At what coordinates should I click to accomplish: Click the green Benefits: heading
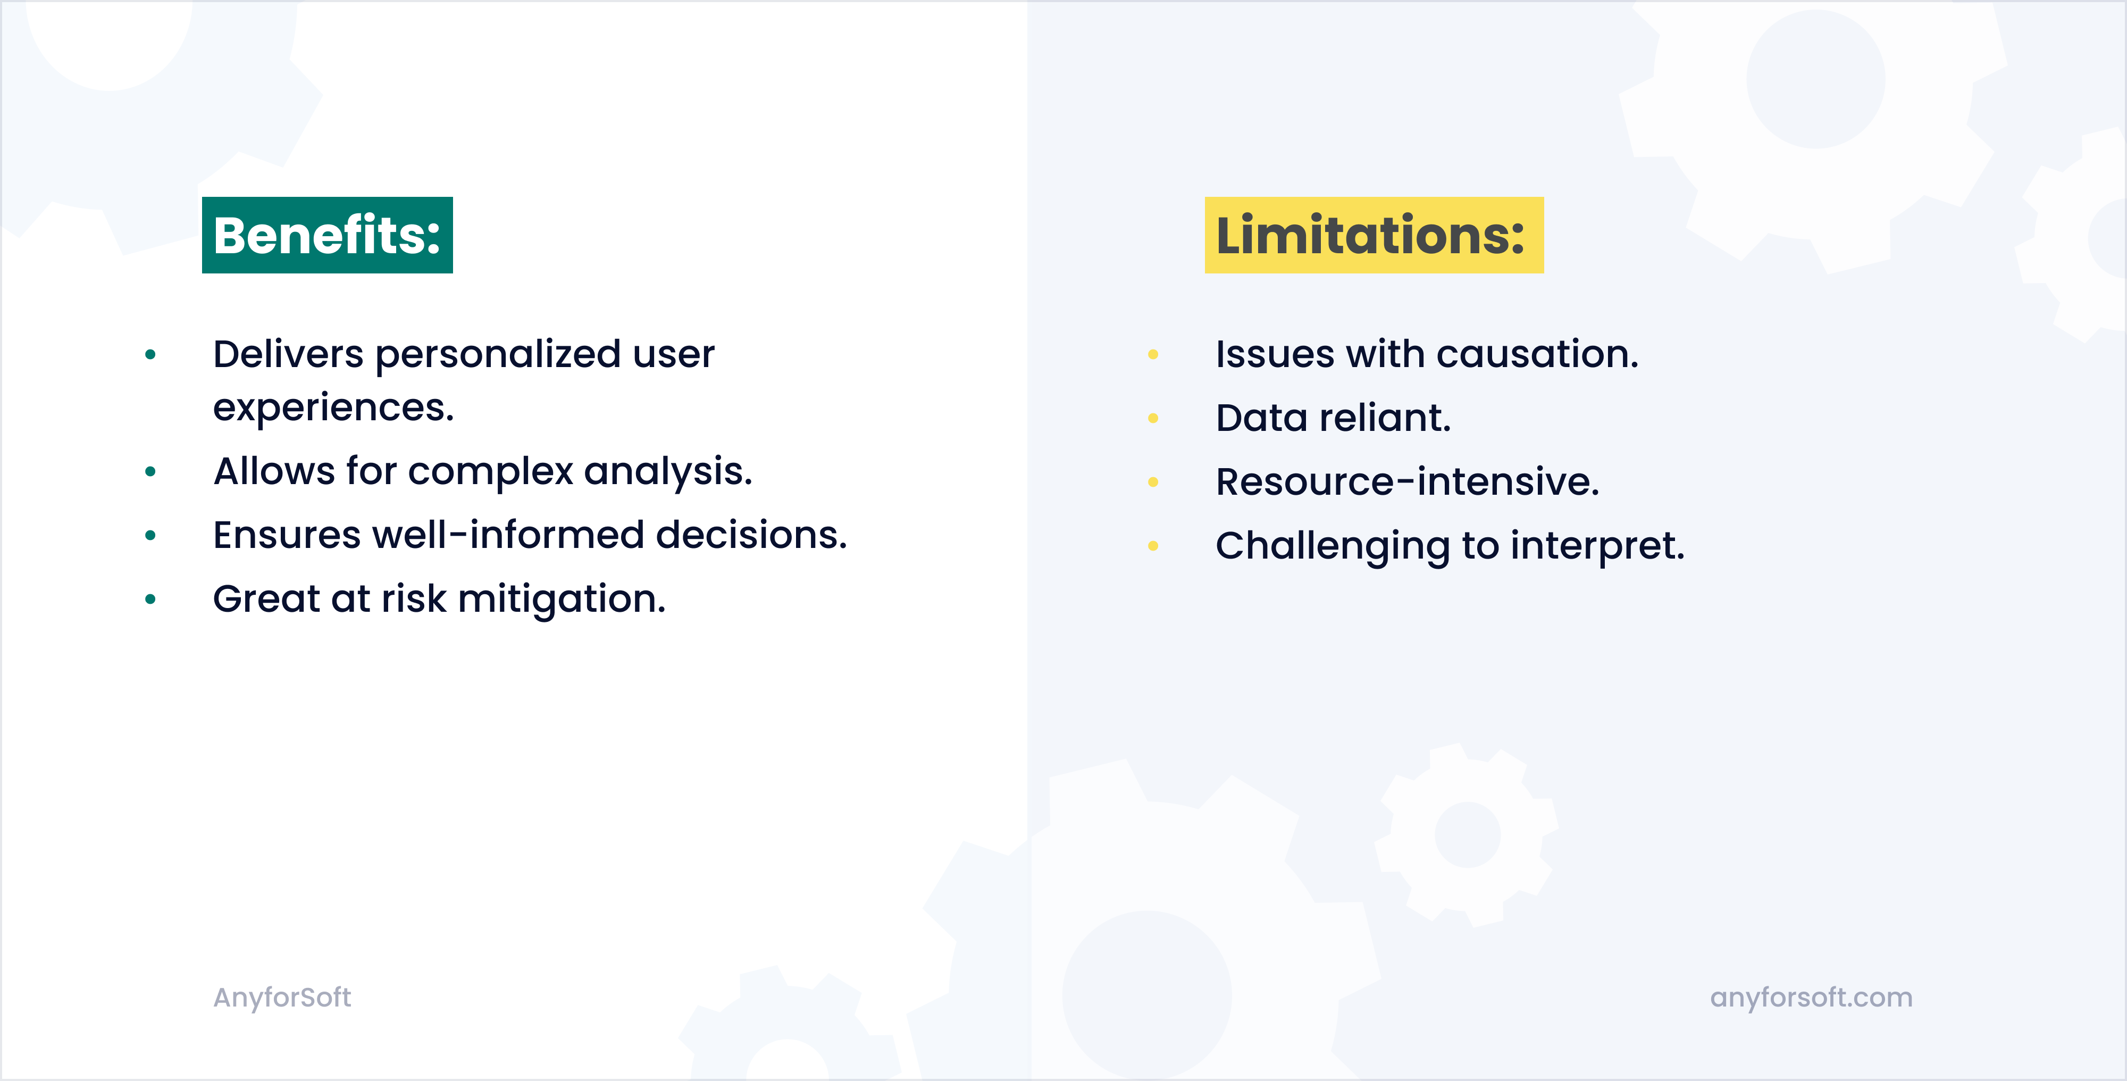click(327, 235)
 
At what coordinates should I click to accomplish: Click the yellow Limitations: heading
click(1373, 235)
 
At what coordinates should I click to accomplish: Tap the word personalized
click(498, 355)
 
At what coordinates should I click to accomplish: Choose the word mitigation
click(562, 600)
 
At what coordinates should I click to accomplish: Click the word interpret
click(1597, 547)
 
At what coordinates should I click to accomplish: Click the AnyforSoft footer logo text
click(282, 997)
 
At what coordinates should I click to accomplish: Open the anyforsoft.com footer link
click(1811, 997)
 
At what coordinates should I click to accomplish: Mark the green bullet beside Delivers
click(150, 355)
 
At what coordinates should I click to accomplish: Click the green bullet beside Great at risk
click(150, 600)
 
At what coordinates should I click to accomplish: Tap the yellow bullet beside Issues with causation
click(1153, 355)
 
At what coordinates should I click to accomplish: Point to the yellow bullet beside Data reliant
click(1153, 419)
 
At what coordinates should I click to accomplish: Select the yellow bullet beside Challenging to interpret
click(1153, 546)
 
